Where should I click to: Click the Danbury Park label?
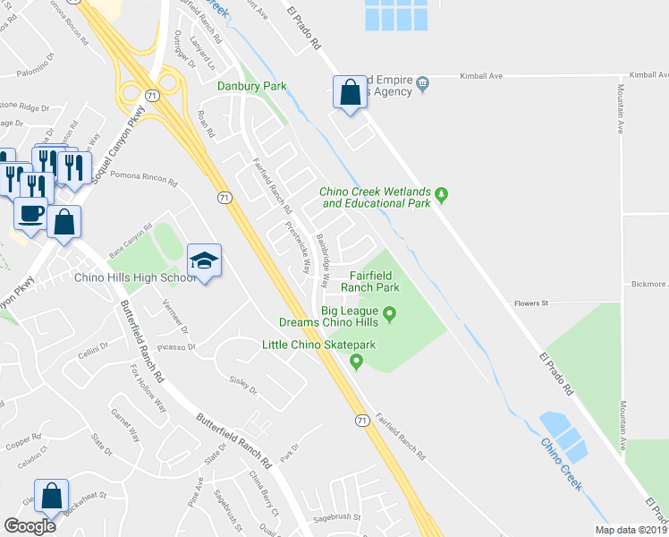coord(251,86)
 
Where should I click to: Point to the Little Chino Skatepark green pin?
coord(357,362)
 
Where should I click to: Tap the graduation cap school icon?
coord(204,261)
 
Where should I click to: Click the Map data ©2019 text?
coord(631,530)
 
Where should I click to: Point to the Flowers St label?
coord(530,303)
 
